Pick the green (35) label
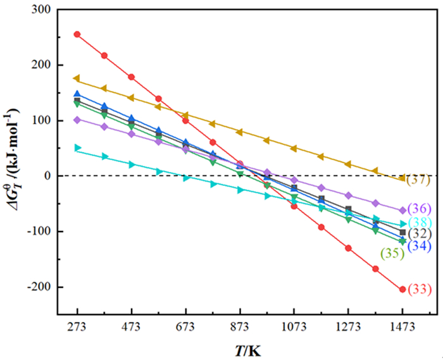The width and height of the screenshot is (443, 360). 392,253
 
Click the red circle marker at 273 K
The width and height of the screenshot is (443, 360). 77,34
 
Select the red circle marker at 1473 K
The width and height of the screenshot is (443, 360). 402,289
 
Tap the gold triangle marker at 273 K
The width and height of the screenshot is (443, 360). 77,78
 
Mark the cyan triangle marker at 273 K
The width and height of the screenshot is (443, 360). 77,147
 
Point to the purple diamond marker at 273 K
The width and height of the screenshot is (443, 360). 77,120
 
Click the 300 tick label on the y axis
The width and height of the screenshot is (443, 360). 42,9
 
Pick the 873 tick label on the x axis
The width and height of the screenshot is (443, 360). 240,327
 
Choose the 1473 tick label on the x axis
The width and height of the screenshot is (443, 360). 402,327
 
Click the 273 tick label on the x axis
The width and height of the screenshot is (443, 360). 77,327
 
